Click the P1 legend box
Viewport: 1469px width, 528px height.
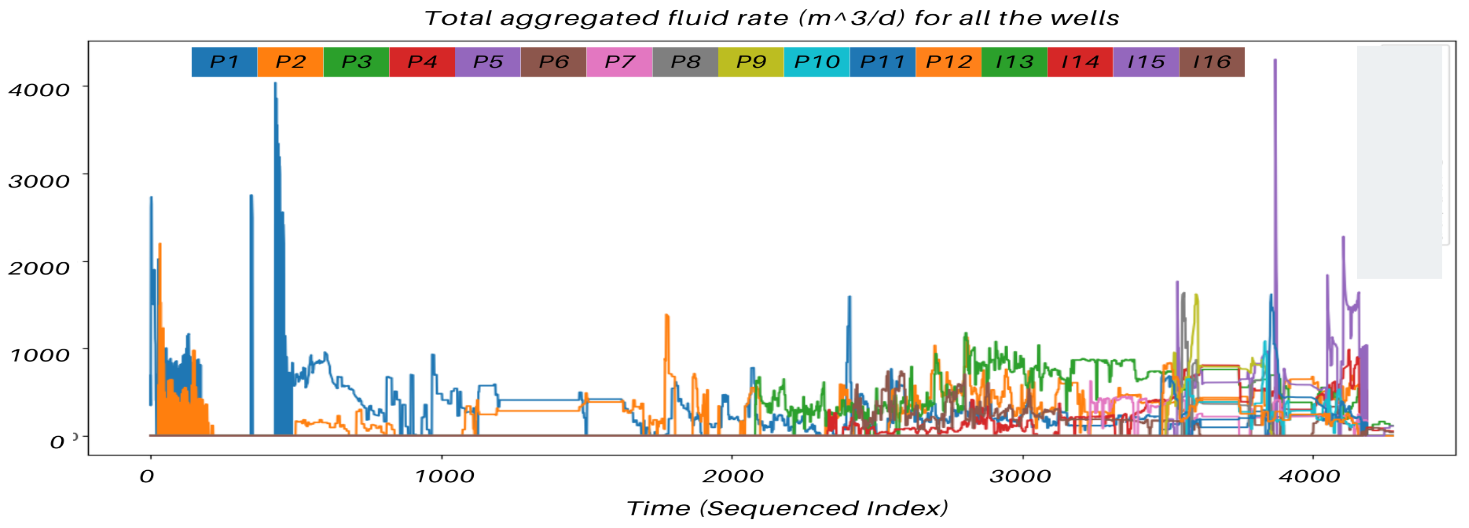(224, 62)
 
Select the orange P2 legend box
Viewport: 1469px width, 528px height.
(290, 62)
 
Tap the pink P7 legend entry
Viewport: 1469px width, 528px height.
(619, 62)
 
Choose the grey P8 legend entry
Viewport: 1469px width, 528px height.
(685, 62)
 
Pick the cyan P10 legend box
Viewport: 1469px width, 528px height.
(817, 62)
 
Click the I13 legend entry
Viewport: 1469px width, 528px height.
(1014, 62)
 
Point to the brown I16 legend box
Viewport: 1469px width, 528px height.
(1212, 62)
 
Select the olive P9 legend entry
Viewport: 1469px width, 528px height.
(751, 62)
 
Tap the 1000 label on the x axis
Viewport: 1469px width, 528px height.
(444, 476)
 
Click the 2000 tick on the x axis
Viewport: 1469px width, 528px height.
(732, 476)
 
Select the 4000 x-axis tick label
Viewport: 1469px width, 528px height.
(1309, 476)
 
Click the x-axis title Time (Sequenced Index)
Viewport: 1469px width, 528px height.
(787, 507)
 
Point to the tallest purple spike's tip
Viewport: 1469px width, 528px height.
(1275, 60)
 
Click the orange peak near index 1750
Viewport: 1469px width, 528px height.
(666, 315)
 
